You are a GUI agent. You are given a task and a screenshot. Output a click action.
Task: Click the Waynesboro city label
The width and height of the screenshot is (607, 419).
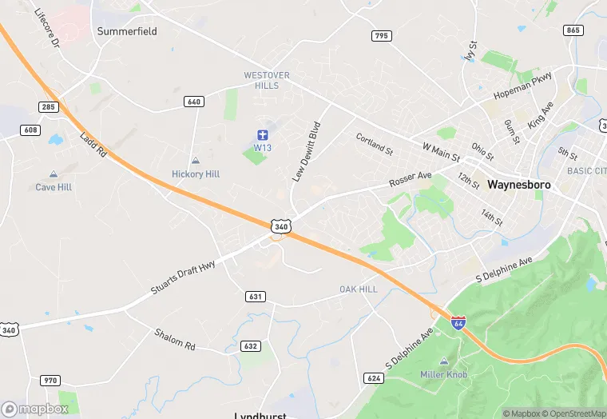(519, 183)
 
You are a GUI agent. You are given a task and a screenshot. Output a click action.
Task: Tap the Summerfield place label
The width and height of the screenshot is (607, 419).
(127, 31)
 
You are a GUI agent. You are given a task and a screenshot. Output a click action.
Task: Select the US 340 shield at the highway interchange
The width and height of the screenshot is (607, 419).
(280, 227)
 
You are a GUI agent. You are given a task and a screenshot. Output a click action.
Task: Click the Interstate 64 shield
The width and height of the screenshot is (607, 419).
(458, 323)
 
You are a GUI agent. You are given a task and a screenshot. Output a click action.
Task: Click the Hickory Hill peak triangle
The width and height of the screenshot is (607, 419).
(196, 162)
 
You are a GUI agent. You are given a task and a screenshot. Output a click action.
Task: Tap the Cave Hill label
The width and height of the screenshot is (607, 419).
(54, 187)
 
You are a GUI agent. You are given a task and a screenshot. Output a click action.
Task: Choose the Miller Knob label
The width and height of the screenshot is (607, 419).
(444, 374)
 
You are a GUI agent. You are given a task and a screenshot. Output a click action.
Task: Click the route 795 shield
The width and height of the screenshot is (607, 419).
(381, 35)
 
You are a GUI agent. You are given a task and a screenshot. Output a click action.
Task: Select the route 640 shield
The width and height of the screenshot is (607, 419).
(193, 102)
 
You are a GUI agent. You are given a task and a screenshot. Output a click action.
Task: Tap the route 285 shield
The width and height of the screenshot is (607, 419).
(48, 107)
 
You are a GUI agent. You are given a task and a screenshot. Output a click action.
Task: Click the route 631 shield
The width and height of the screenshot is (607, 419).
(256, 297)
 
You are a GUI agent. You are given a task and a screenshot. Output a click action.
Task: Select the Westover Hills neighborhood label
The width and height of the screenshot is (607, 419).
(267, 80)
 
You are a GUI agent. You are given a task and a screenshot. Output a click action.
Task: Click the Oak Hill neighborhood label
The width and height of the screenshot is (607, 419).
(358, 289)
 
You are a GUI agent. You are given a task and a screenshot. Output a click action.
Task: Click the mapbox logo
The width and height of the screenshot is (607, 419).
(35, 409)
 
